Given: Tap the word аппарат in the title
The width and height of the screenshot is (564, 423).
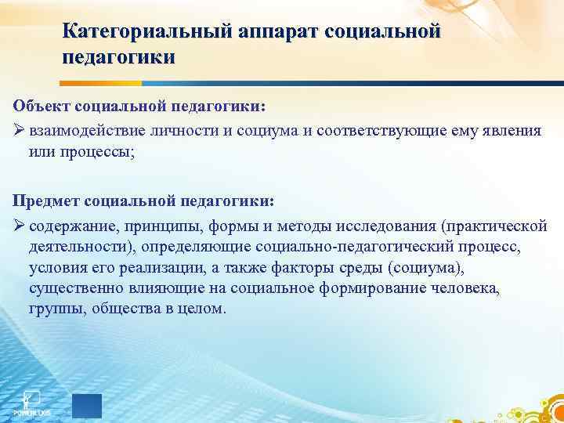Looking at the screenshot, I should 271,32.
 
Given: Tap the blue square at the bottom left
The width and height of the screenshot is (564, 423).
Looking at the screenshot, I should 87,406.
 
